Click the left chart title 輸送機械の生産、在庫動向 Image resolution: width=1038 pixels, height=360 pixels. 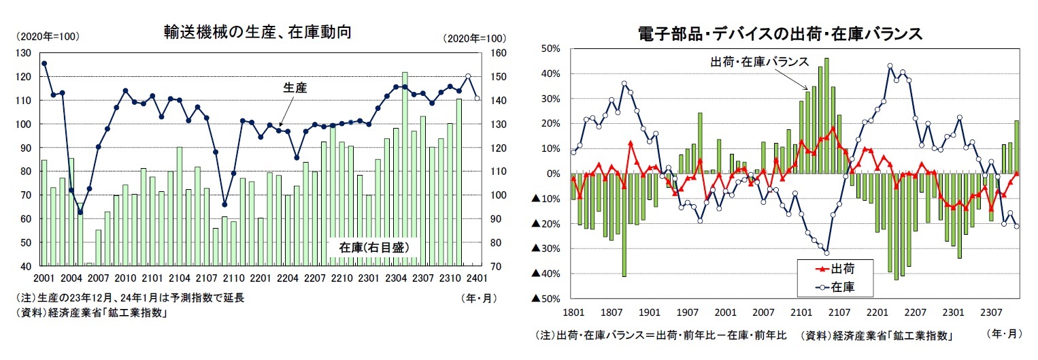point(257,31)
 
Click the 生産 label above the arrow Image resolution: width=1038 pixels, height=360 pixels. point(294,87)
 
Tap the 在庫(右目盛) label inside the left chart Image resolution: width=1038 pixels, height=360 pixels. point(373,247)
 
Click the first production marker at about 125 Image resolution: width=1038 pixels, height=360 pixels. point(44,63)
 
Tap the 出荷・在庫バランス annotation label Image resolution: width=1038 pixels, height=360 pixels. point(758,62)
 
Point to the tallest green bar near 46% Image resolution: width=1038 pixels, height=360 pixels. point(826,116)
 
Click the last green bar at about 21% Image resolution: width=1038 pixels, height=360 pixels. point(1016,147)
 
